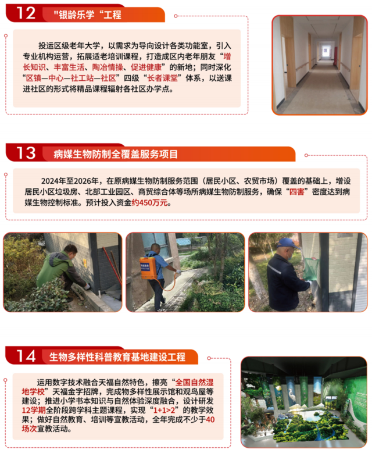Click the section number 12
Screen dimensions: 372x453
[x=26, y=13]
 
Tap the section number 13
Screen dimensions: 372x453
[x=26, y=152]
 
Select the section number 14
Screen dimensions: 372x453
[x=26, y=356]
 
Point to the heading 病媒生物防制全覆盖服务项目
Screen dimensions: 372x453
[x=116, y=154]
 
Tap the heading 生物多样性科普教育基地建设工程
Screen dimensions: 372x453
[x=117, y=357]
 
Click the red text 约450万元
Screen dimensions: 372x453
[x=149, y=202]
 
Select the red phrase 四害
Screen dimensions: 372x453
[x=297, y=192]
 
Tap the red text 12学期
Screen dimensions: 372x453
[x=34, y=410]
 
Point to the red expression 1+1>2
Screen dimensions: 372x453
[x=164, y=410]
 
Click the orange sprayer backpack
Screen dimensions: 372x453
[x=148, y=269]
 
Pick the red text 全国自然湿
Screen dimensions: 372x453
[x=194, y=383]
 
